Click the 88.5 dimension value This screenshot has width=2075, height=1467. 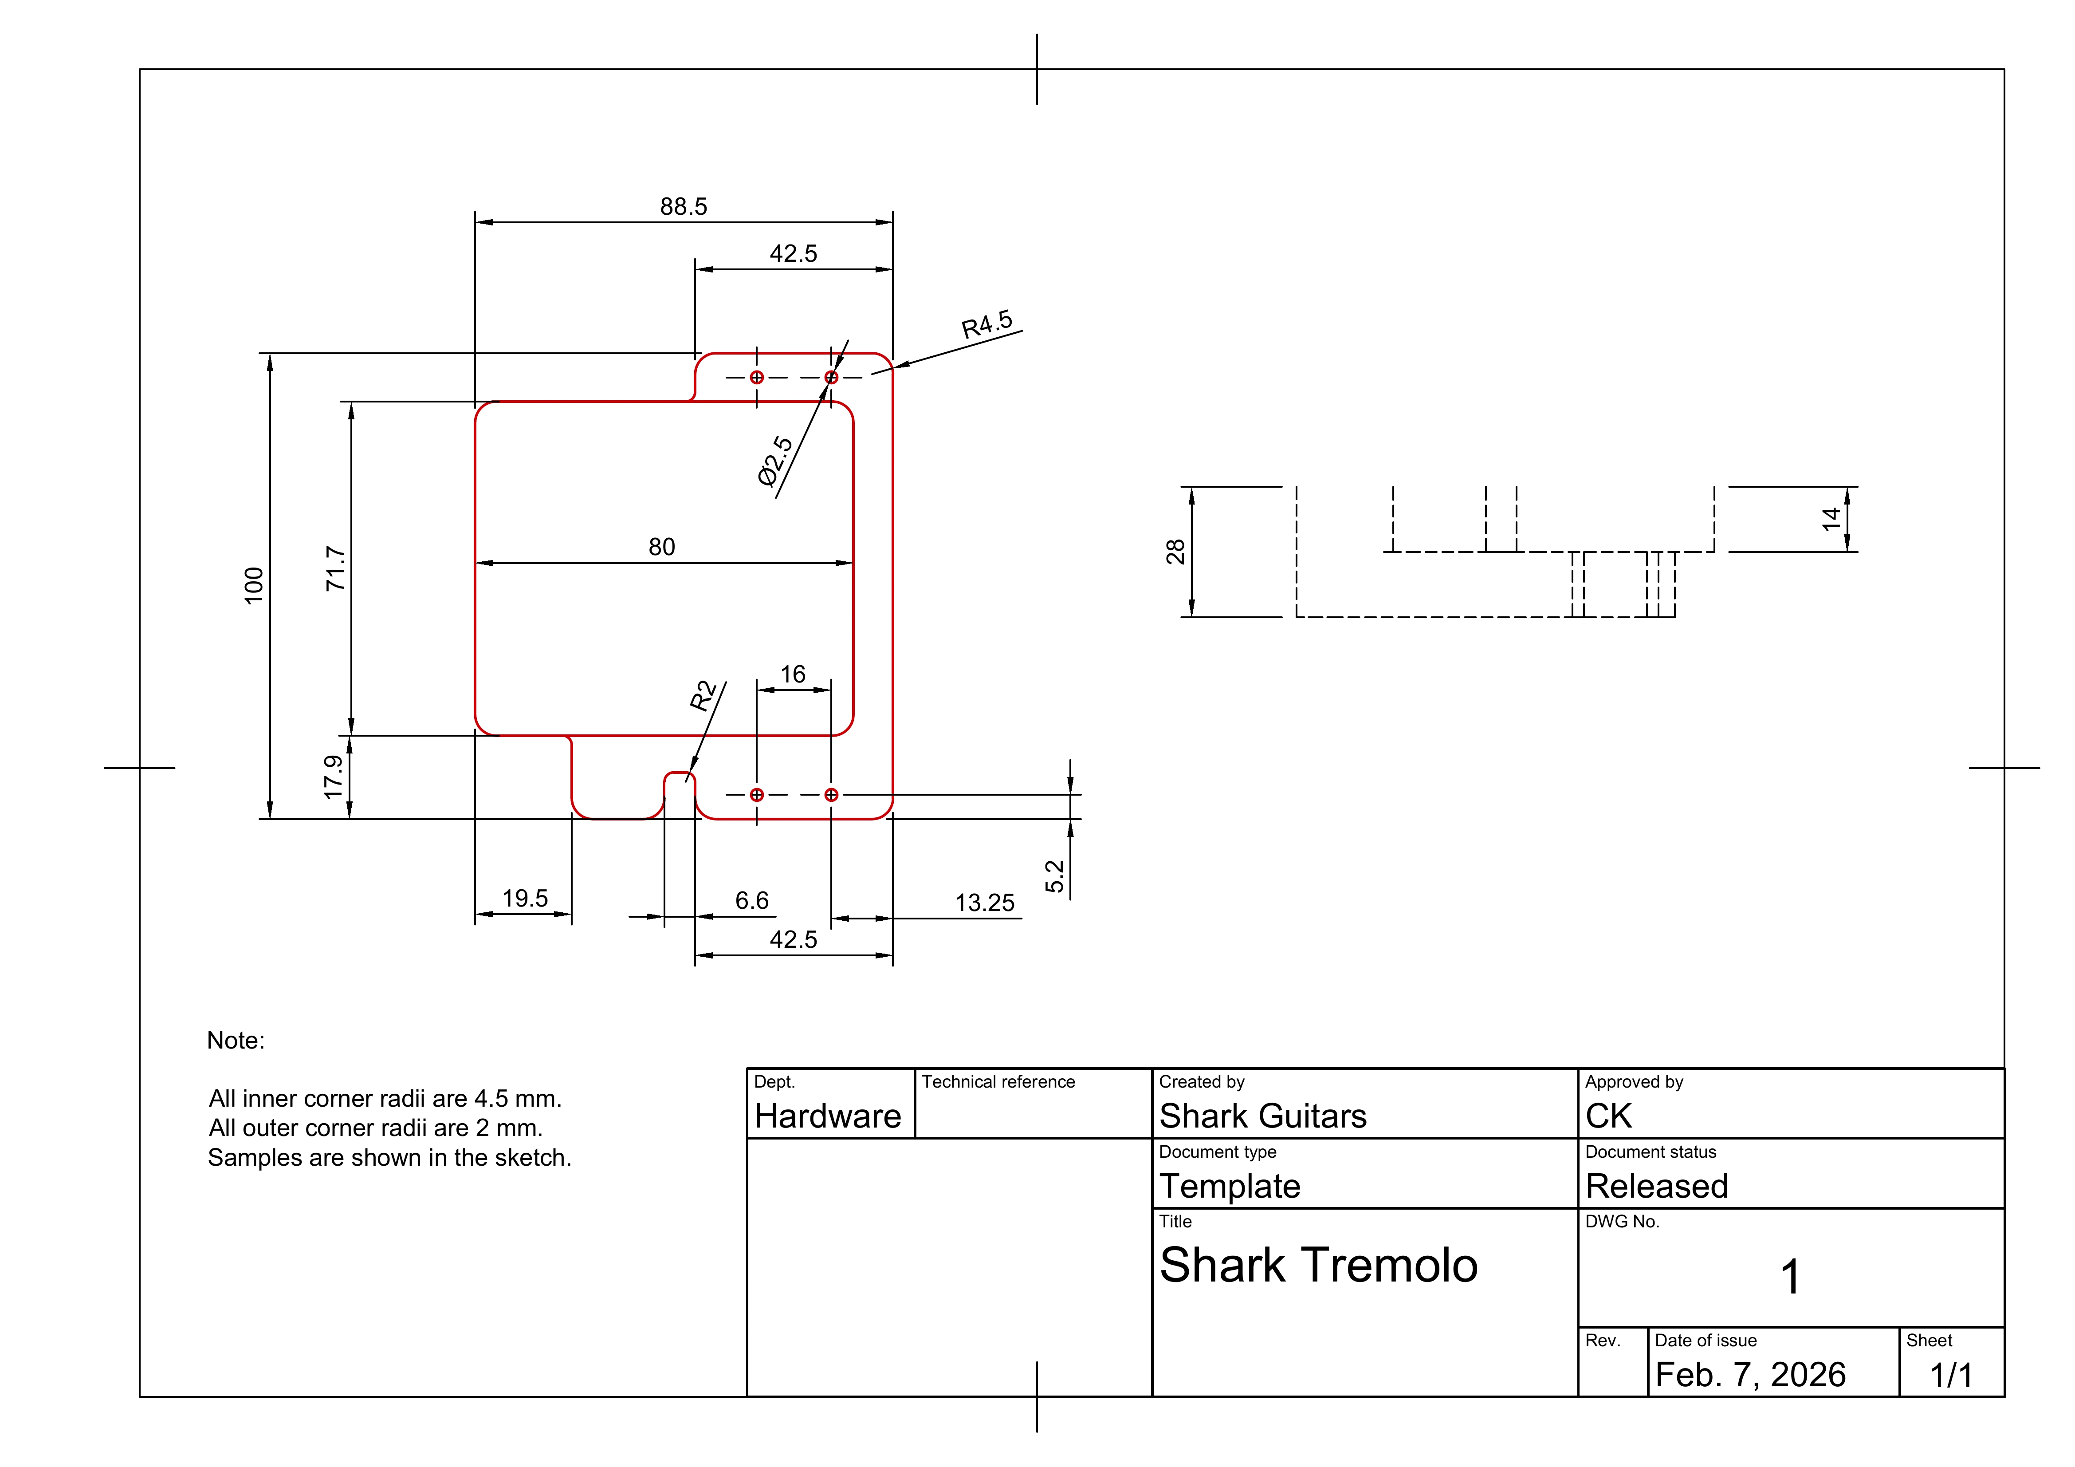coord(683,207)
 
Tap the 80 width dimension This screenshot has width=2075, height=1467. coord(661,547)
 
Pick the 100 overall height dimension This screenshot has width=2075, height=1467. coord(254,586)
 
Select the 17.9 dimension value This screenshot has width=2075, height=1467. coord(334,777)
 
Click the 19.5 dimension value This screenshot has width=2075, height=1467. coord(525,899)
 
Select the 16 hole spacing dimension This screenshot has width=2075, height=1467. coord(793,674)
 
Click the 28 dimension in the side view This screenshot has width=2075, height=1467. coord(1175,552)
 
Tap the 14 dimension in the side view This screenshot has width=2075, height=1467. coord(1831,519)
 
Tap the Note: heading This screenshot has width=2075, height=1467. coord(236,1041)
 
